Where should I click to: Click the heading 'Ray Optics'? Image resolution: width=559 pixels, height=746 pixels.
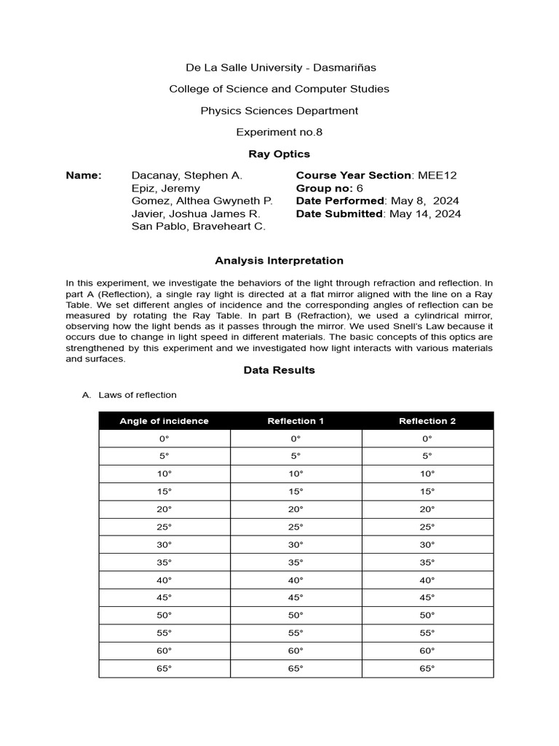pyautogui.click(x=279, y=154)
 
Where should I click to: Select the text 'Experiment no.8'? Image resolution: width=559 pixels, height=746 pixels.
pyautogui.click(x=279, y=132)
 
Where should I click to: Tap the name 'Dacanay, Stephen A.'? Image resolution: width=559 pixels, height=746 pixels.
pyautogui.click(x=187, y=176)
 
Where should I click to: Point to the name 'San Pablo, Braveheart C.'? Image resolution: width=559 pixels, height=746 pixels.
pyautogui.click(x=199, y=227)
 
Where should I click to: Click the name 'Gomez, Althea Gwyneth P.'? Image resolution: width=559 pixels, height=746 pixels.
pyautogui.click(x=202, y=201)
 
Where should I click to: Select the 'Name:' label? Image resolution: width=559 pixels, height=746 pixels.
pyautogui.click(x=84, y=176)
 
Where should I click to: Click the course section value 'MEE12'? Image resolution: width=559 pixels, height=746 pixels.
pyautogui.click(x=437, y=176)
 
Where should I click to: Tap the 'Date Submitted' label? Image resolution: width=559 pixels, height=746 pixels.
pyautogui.click(x=339, y=214)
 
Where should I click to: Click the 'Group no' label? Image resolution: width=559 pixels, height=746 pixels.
pyautogui.click(x=323, y=188)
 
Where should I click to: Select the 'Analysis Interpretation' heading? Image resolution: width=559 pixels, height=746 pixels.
pyautogui.click(x=279, y=261)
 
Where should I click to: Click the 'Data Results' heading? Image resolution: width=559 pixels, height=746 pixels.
pyautogui.click(x=279, y=370)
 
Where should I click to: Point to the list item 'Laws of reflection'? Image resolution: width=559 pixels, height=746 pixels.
pyautogui.click(x=137, y=395)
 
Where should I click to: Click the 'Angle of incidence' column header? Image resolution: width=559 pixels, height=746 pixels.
pyautogui.click(x=164, y=421)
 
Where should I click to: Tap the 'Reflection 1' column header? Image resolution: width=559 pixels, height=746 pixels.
pyautogui.click(x=296, y=421)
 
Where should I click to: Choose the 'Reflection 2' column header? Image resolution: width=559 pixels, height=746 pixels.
pyautogui.click(x=427, y=421)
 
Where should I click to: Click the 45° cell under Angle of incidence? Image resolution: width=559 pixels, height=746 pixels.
pyautogui.click(x=164, y=598)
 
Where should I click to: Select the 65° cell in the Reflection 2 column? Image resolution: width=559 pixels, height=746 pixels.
pyautogui.click(x=427, y=669)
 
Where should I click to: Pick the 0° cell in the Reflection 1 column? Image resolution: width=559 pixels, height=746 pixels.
pyautogui.click(x=296, y=439)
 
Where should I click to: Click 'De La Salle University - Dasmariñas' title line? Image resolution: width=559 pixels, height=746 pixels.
pyautogui.click(x=279, y=68)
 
